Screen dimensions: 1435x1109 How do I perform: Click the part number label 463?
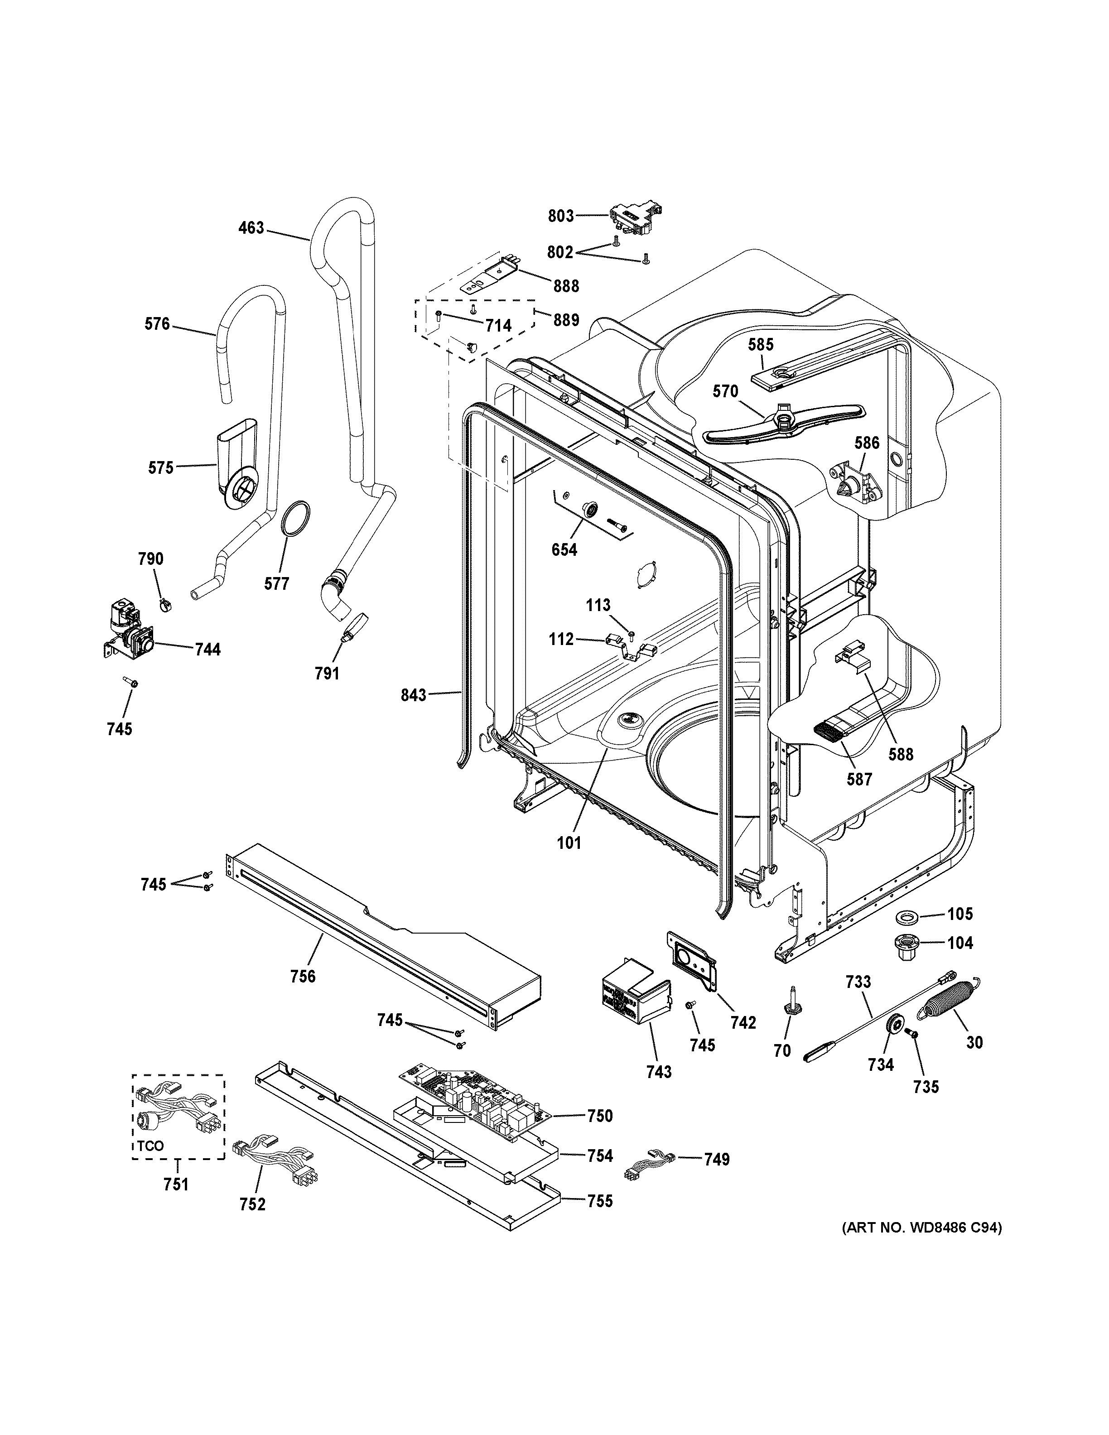coord(251,228)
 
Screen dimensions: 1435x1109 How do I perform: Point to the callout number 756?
coord(303,995)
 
